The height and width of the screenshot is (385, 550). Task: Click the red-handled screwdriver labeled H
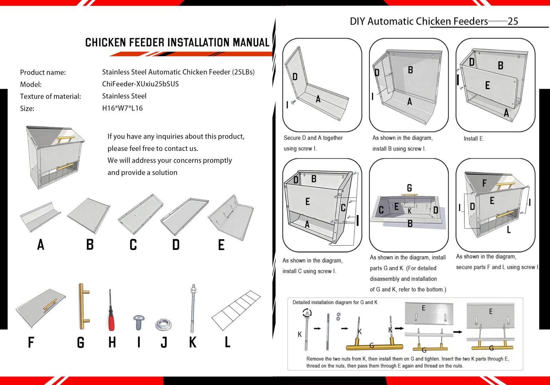(111, 315)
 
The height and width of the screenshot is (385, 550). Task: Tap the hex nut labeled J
(163, 324)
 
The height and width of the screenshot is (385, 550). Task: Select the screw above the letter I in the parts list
(139, 322)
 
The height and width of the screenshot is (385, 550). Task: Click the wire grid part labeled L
(236, 310)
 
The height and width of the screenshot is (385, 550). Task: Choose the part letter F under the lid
(31, 342)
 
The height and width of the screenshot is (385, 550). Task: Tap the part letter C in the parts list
(133, 245)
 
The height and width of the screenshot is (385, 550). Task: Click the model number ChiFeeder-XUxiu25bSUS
(140, 84)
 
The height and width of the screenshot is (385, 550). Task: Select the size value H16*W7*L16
(122, 108)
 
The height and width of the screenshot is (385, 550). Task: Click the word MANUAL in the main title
(251, 43)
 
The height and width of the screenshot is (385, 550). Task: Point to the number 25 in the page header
(513, 21)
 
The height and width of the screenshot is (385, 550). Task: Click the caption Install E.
(474, 139)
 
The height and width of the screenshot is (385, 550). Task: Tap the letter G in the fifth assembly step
(409, 188)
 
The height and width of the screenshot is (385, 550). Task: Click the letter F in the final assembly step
(484, 183)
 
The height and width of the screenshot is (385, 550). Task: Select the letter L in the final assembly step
(509, 230)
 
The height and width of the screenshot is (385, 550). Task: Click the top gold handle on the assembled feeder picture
(66, 139)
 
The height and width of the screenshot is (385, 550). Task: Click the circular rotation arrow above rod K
(307, 313)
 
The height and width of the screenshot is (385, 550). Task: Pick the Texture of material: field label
(51, 96)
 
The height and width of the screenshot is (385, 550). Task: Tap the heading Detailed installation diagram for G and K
(335, 302)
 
